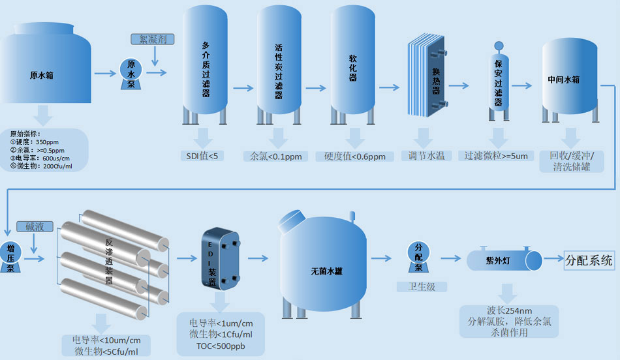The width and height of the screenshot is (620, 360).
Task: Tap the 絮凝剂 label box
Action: tap(153, 39)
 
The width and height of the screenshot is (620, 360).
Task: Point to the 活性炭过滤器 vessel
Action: tap(279, 65)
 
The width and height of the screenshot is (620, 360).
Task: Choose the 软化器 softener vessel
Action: tap(353, 65)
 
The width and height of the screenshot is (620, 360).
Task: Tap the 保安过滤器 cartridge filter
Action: tap(499, 78)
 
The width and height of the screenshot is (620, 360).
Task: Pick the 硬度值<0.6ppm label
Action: tap(354, 157)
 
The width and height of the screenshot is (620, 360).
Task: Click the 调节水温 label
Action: tap(426, 156)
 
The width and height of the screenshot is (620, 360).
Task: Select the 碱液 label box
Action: tap(35, 227)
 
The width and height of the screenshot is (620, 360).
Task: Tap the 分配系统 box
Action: tap(589, 261)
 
